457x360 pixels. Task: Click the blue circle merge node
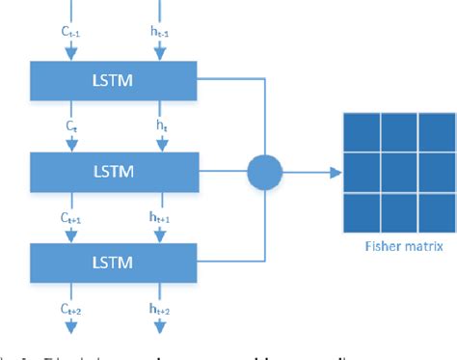click(x=264, y=172)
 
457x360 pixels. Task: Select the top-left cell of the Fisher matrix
click(x=359, y=129)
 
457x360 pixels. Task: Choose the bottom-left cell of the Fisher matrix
click(x=359, y=211)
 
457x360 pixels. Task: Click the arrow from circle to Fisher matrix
click(x=310, y=172)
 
